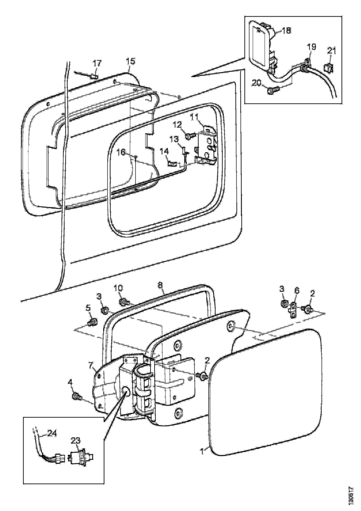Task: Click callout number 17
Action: [x=97, y=63]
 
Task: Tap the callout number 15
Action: [x=130, y=61]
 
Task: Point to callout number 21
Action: [x=332, y=50]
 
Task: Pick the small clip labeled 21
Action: [x=328, y=66]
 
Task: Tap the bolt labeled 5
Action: [x=91, y=323]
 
